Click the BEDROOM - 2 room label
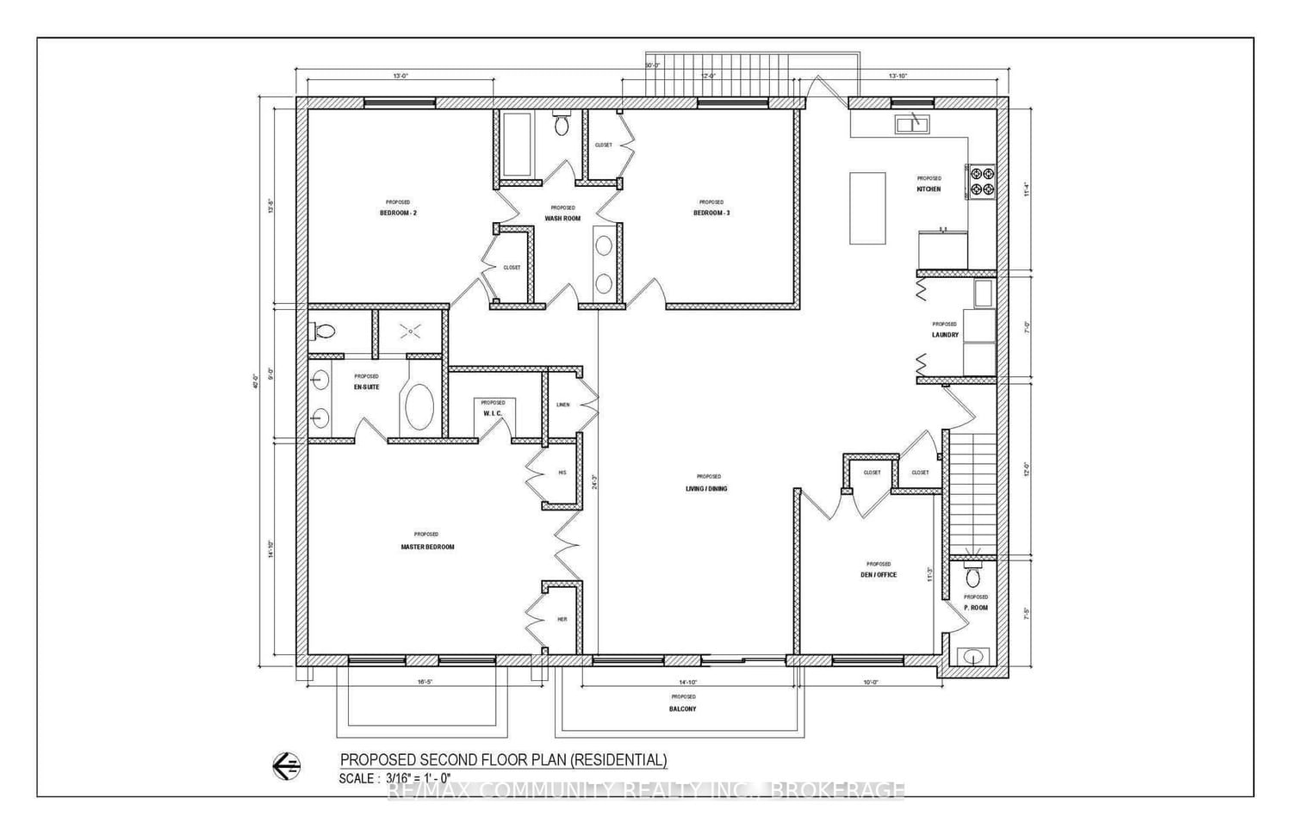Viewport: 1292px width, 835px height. (x=398, y=213)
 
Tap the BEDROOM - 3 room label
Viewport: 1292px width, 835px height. (x=711, y=213)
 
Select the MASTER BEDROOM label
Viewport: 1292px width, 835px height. (x=427, y=547)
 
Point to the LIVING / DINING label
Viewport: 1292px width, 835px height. (x=709, y=488)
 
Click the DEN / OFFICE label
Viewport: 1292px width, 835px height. (x=879, y=574)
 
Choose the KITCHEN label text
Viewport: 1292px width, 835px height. (x=929, y=189)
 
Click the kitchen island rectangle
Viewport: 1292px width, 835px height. (x=867, y=207)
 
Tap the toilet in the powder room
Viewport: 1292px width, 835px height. (x=973, y=574)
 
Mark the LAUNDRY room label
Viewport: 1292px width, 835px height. (x=945, y=335)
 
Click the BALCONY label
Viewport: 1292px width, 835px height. (x=682, y=708)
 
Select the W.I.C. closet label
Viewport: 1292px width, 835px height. (x=493, y=413)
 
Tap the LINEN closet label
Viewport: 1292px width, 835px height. (x=562, y=405)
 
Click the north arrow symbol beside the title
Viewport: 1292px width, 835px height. (x=286, y=764)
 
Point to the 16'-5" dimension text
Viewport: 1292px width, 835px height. (x=425, y=682)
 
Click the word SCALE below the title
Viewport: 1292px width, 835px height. (x=357, y=778)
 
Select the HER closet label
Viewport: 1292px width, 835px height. (x=562, y=619)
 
